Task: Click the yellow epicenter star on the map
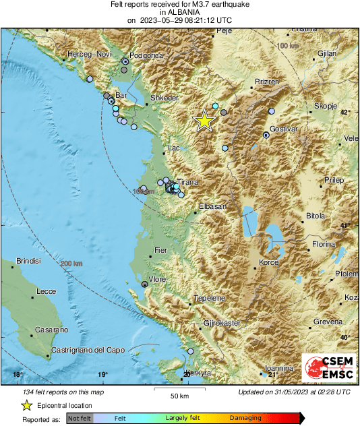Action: tap(204, 120)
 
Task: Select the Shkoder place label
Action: tap(164, 98)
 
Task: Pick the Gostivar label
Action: tap(283, 128)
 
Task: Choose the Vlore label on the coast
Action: tap(158, 278)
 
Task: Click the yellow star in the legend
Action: tap(26, 405)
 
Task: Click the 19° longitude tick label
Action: tap(102, 375)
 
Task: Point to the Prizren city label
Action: tap(267, 81)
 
